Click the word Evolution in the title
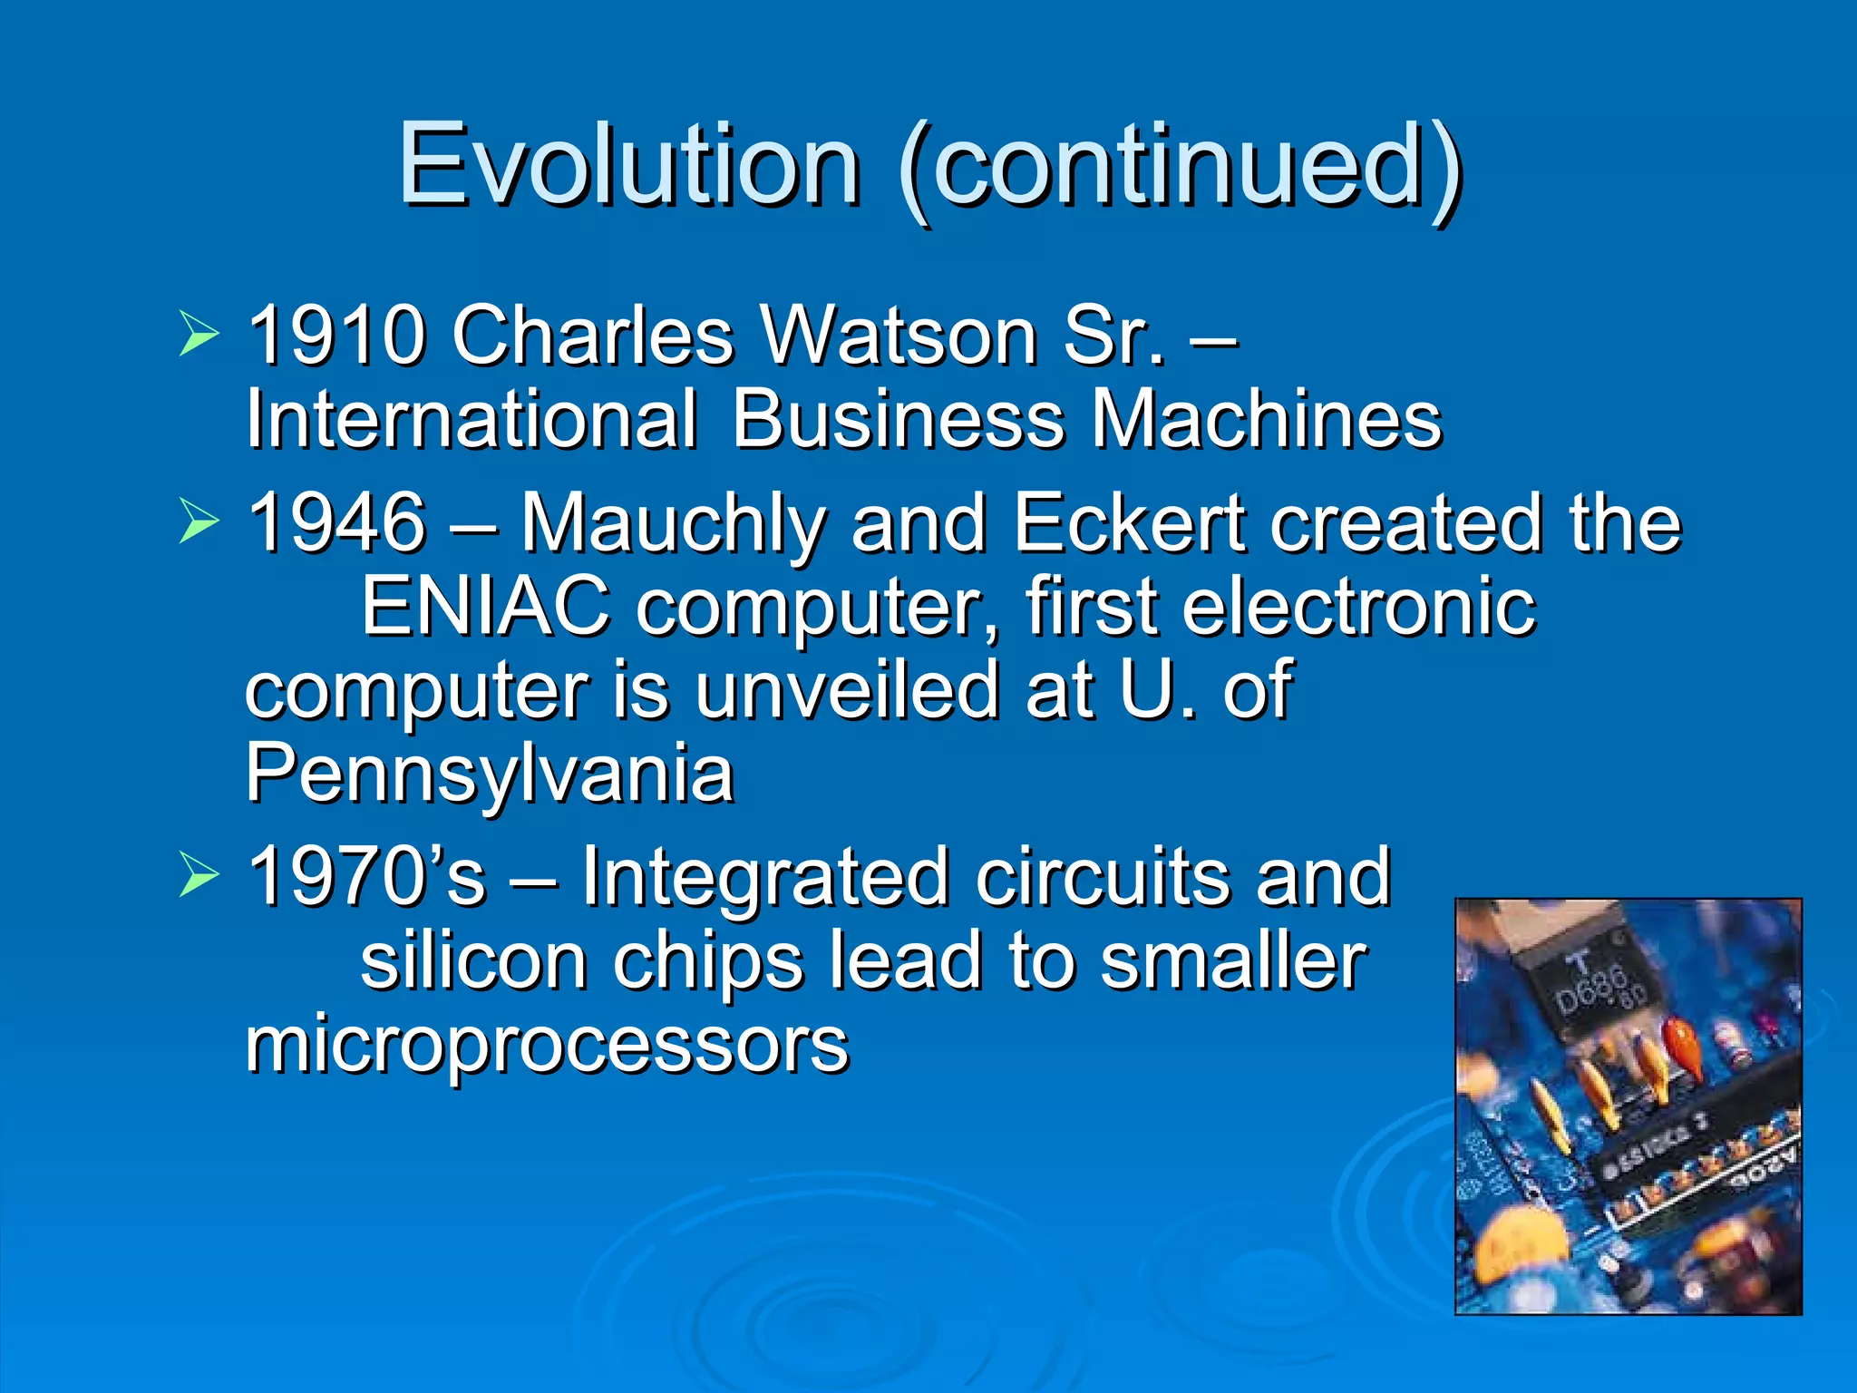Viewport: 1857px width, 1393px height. pos(628,165)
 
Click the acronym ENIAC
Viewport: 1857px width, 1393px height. pos(486,606)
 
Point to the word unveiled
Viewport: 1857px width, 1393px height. pos(847,690)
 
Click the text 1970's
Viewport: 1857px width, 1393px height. pos(366,876)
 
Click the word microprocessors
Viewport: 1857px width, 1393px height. pos(547,1044)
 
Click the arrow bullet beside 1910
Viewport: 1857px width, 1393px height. pos(199,333)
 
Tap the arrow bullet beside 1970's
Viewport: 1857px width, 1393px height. pos(199,874)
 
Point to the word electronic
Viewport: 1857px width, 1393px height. pos(1359,606)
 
